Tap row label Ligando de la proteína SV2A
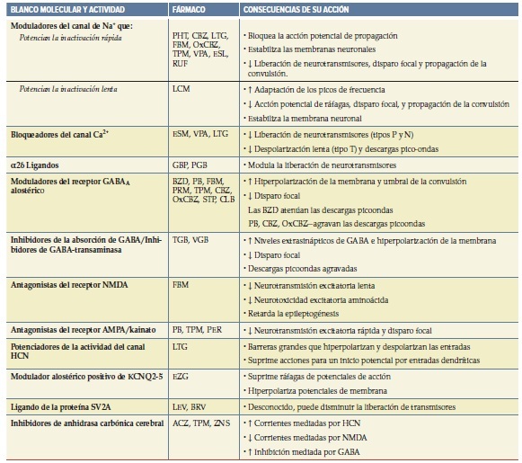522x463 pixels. pos(65,406)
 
